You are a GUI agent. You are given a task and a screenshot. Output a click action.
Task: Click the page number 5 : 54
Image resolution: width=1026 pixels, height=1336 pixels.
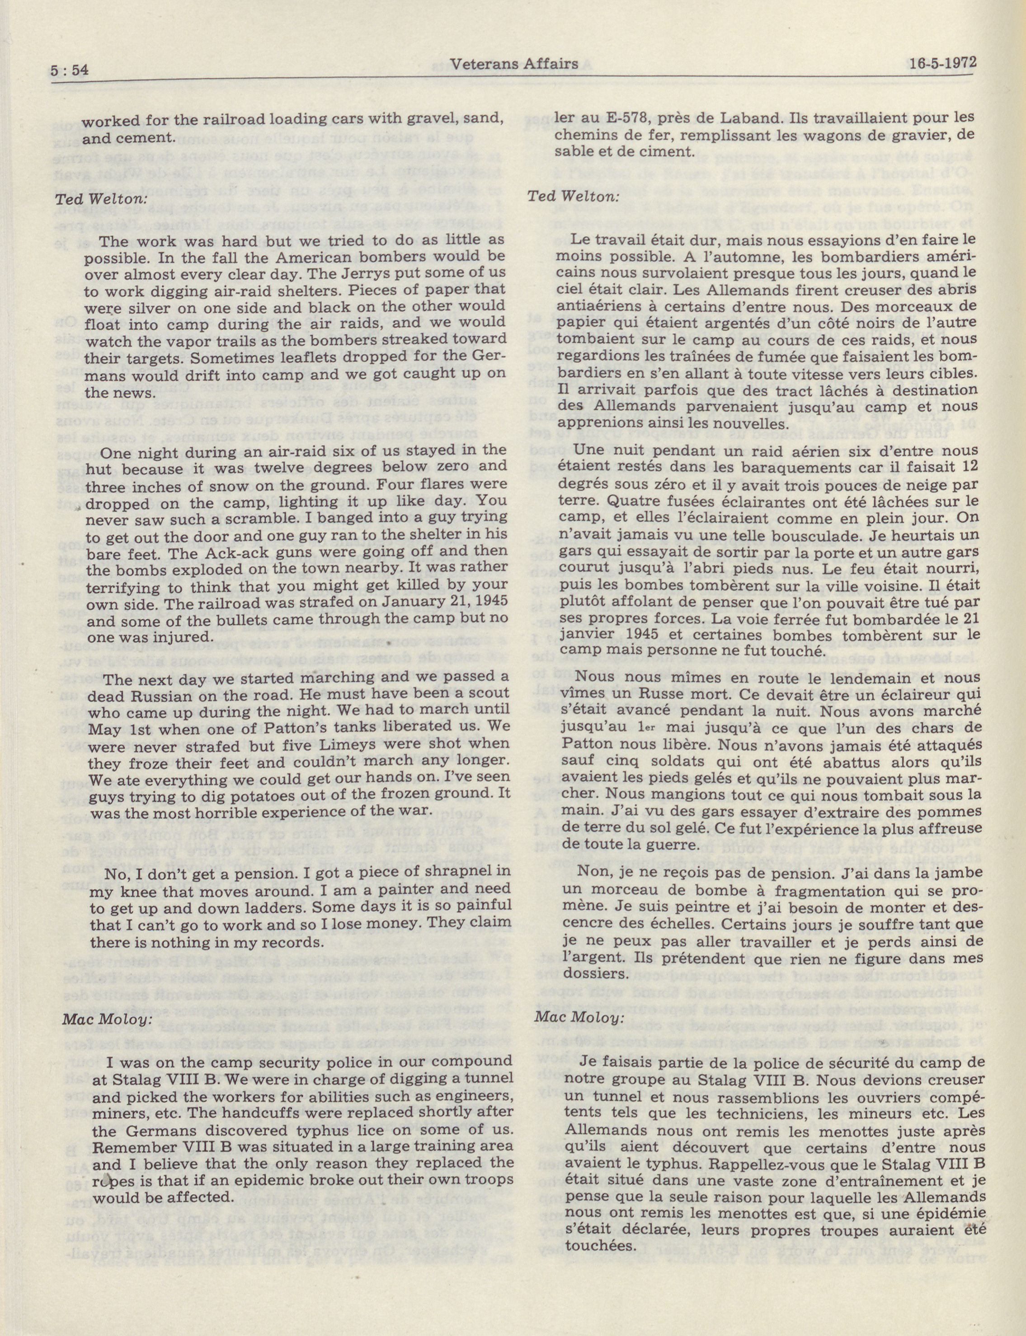click(x=70, y=71)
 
